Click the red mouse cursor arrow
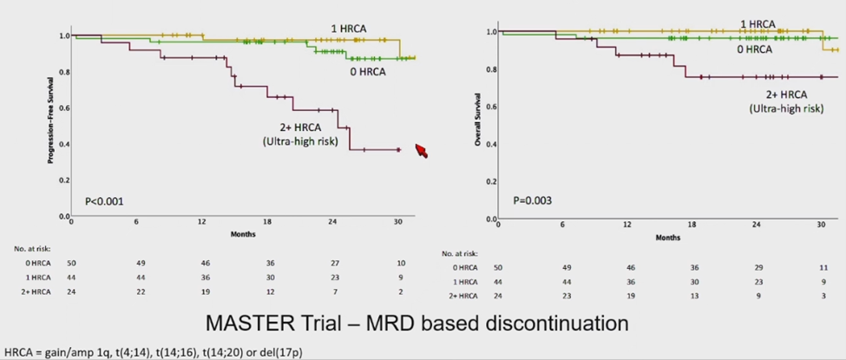coord(423,151)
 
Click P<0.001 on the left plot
coord(104,201)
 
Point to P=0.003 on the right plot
coord(533,201)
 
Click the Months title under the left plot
coord(242,234)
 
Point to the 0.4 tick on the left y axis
coord(62,144)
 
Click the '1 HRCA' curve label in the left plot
coord(348,29)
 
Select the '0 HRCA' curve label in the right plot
coord(754,49)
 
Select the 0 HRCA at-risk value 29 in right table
coord(757,268)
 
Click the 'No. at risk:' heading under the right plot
coord(461,254)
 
